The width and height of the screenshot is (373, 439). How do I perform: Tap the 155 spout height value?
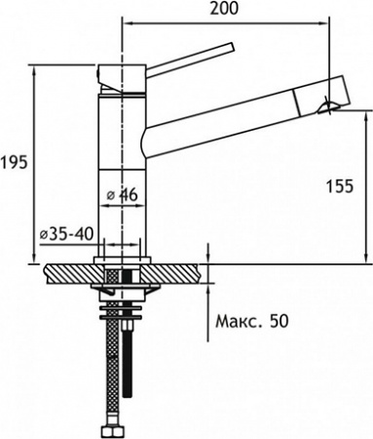(x=340, y=187)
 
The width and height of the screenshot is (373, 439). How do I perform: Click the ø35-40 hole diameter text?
(x=65, y=234)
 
